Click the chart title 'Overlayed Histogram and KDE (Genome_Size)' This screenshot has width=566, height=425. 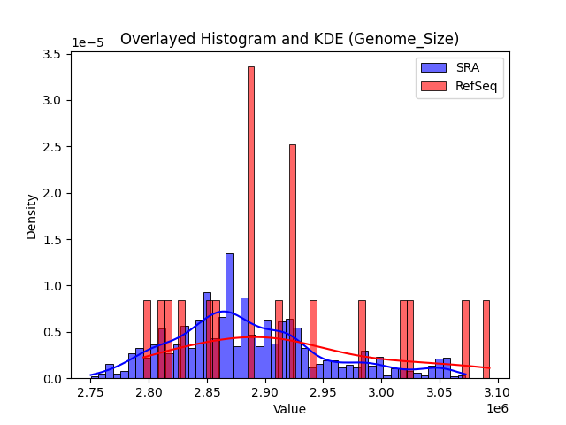(289, 39)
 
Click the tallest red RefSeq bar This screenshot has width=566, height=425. (251, 221)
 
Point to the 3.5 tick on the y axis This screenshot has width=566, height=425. (51, 54)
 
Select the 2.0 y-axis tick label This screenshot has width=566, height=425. (51, 193)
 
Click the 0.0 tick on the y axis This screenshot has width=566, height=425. (51, 378)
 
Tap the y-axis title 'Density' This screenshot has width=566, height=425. (32, 216)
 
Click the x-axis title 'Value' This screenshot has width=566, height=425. (289, 409)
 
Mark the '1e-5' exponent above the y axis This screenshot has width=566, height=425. (88, 42)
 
